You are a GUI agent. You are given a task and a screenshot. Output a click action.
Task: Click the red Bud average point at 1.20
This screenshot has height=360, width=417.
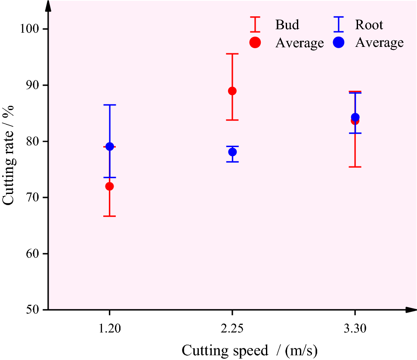109,186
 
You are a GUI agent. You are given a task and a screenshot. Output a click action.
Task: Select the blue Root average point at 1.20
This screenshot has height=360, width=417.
110,147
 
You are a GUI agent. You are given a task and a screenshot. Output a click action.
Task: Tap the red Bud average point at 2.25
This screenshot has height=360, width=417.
232,91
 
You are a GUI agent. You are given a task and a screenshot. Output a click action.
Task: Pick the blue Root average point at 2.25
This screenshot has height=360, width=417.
232,152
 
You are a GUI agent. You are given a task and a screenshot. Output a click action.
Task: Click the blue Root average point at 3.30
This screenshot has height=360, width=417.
355,117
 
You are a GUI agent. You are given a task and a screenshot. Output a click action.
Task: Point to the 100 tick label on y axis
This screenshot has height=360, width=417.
29,29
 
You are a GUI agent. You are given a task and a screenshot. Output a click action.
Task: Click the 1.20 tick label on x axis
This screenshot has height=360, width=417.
109,329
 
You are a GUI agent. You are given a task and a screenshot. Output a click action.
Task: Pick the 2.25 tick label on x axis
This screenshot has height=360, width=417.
232,329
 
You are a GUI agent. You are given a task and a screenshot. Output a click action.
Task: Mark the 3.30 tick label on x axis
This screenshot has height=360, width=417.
355,329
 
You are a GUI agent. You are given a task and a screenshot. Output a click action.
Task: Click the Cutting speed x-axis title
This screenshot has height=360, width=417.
250,351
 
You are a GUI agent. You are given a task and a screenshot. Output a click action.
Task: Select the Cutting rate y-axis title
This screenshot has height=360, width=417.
9,155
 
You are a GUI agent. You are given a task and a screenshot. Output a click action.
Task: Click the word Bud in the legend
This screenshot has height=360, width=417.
287,25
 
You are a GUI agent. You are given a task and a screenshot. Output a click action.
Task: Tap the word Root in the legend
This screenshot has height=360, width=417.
369,25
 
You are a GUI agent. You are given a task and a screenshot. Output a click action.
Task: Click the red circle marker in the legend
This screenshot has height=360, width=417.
256,43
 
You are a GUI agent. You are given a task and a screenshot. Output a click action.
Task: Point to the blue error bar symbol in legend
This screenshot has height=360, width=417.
339,25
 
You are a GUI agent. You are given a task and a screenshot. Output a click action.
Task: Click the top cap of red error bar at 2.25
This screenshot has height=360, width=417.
232,54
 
